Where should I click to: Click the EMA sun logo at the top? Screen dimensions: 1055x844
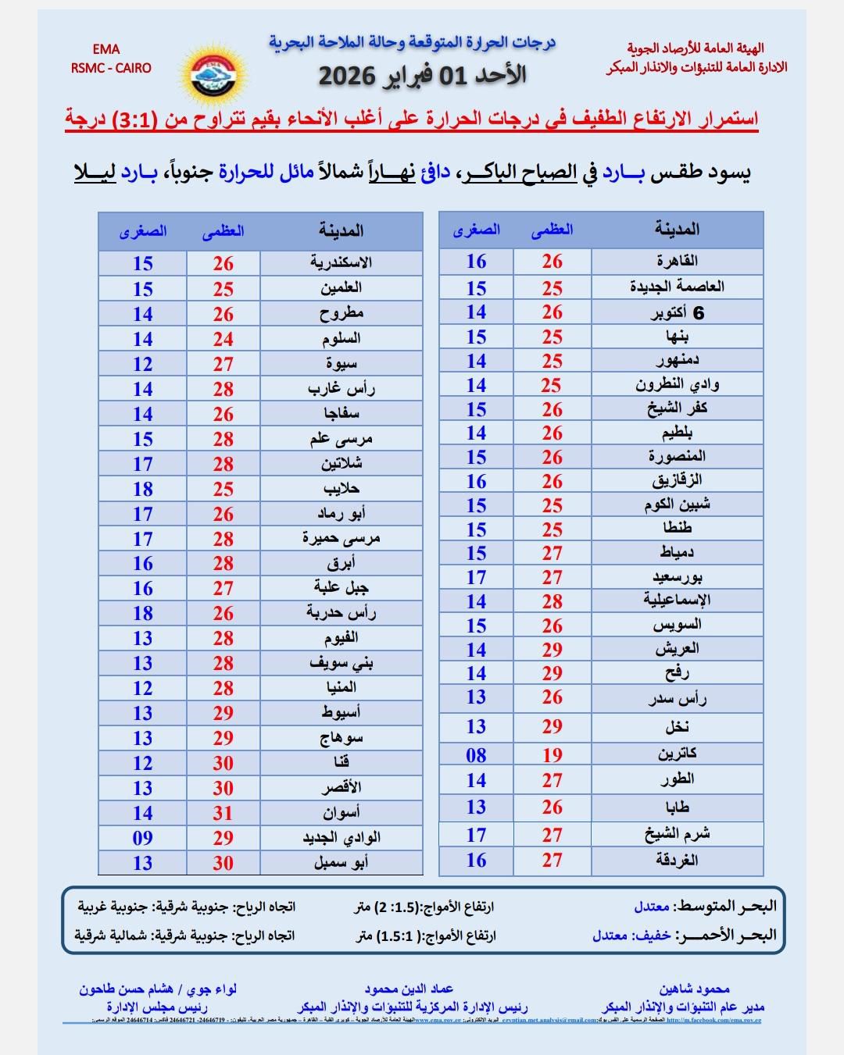coord(213,73)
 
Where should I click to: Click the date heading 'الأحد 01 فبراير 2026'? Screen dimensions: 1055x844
coord(421,75)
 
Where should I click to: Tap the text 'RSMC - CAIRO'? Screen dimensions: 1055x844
coord(111,68)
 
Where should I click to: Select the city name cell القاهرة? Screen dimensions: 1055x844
coord(677,261)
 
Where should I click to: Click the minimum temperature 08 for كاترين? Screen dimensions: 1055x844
coord(476,755)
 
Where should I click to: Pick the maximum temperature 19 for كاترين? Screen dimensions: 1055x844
coord(552,755)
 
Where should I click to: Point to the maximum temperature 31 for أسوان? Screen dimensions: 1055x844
coord(223,813)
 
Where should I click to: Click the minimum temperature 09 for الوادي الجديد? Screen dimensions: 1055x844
coord(142,838)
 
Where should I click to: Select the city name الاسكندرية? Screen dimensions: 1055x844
coord(341,263)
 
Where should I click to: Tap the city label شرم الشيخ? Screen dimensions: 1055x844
coord(677,834)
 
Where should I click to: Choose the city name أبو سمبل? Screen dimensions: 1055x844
coord(341,863)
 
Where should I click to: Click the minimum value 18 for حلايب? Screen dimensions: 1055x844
coord(142,489)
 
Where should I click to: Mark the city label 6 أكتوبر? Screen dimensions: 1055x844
coord(677,313)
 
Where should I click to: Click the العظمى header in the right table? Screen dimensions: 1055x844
coord(552,230)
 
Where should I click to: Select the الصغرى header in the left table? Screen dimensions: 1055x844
coord(142,231)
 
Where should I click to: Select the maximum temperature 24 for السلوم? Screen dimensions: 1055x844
coord(223,339)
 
